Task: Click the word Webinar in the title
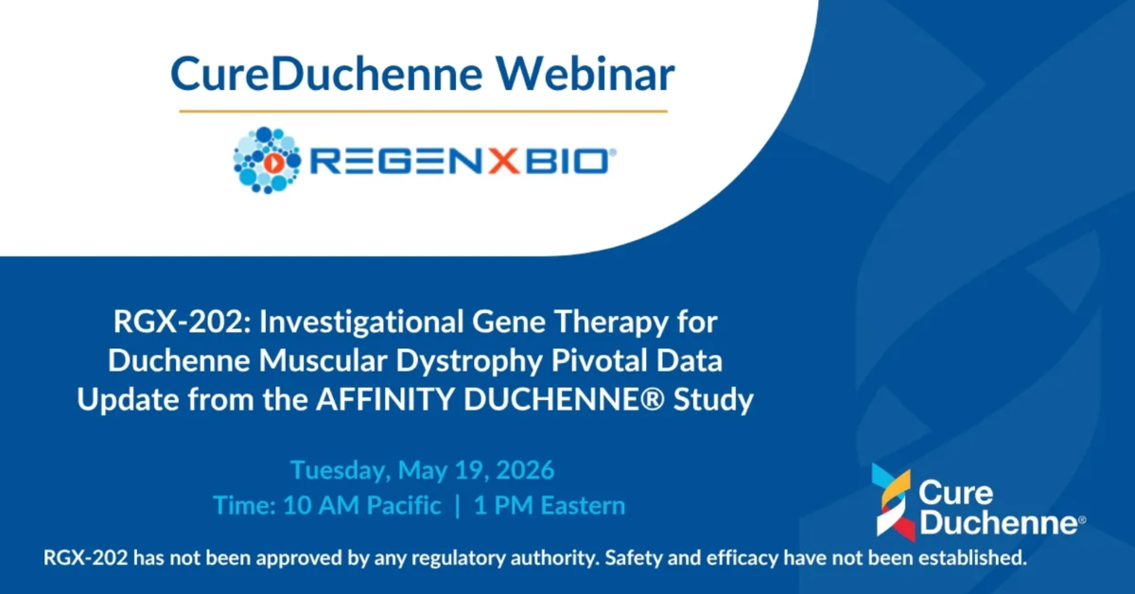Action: tap(585, 74)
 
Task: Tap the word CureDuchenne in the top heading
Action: tap(327, 74)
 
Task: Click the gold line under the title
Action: tap(423, 111)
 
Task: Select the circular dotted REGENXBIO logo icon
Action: tap(267, 160)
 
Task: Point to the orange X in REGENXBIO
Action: tap(503, 162)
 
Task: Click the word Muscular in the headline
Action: tap(323, 361)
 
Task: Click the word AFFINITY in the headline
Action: tap(385, 399)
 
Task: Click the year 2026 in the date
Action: tap(526, 470)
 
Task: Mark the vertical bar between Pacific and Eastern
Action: tap(458, 506)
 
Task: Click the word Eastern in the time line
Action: tap(584, 505)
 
